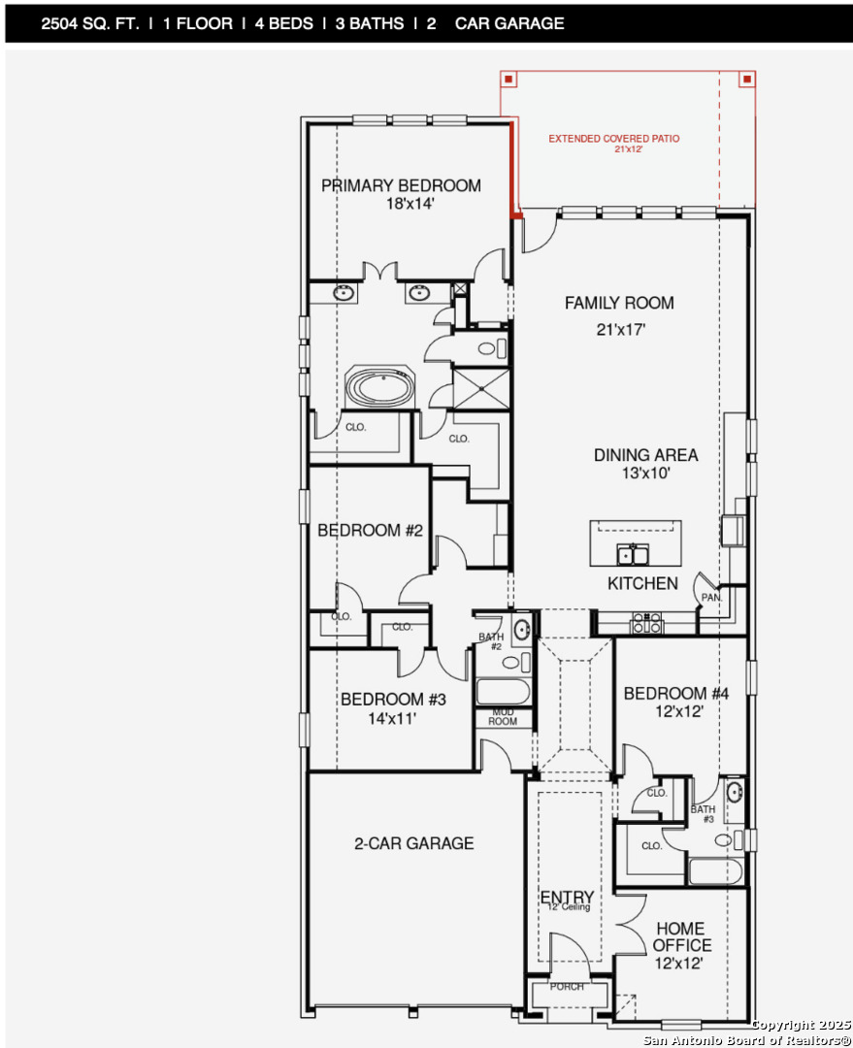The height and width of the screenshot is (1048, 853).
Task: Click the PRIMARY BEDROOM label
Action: [x=401, y=185]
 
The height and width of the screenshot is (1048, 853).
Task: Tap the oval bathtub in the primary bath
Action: [x=379, y=387]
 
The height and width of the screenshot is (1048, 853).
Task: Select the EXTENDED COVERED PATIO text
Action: [x=613, y=139]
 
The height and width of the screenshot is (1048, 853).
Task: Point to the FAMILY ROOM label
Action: [x=619, y=304]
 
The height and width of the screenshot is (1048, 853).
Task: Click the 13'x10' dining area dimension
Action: [x=645, y=474]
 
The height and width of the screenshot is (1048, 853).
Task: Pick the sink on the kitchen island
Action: [x=633, y=555]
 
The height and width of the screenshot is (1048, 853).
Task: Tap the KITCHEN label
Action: [x=642, y=583]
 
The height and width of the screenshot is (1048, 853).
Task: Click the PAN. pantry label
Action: [x=711, y=598]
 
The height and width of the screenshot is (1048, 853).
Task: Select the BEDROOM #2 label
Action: [x=370, y=531]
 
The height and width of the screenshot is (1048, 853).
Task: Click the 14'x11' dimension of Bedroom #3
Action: [x=392, y=718]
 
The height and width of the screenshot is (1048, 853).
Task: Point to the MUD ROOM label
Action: [x=503, y=717]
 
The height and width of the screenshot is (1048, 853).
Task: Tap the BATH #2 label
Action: [x=491, y=641]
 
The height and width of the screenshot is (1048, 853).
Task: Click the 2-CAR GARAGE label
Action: [x=413, y=843]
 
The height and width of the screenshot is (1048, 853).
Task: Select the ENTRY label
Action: [x=567, y=897]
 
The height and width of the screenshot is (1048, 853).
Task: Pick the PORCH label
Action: [x=567, y=987]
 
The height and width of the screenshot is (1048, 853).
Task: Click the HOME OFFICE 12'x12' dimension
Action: [x=679, y=964]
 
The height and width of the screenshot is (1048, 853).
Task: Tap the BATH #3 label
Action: [x=703, y=814]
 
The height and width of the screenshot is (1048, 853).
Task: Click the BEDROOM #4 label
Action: [x=675, y=694]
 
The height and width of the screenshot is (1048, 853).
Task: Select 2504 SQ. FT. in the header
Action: [x=90, y=23]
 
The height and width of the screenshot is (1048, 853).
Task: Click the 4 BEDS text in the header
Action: [x=283, y=23]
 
